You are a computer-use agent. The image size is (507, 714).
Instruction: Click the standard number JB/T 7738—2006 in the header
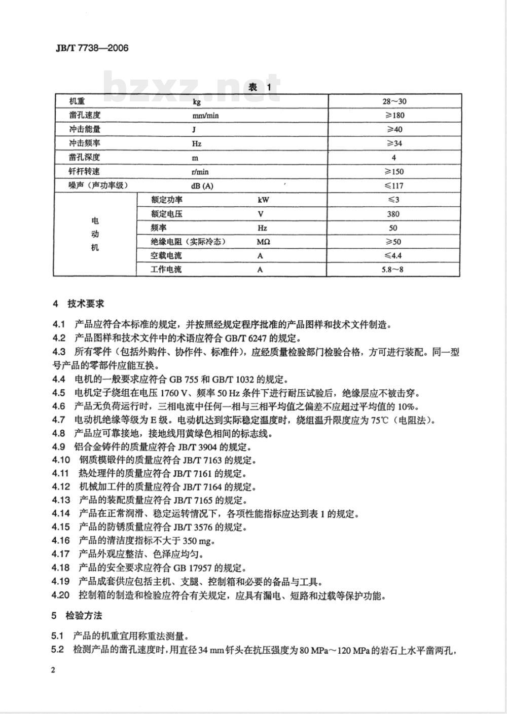pyautogui.click(x=91, y=48)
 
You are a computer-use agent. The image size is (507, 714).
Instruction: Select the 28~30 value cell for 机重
pyautogui.click(x=394, y=101)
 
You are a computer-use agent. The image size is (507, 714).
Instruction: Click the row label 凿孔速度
pyautogui.click(x=85, y=115)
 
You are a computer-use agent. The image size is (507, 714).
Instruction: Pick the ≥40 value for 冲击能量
pyautogui.click(x=394, y=129)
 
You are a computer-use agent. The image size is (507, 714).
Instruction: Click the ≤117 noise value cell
pyautogui.click(x=394, y=185)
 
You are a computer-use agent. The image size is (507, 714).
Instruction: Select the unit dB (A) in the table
pyautogui.click(x=202, y=185)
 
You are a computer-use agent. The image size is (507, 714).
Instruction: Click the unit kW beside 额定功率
pyautogui.click(x=263, y=200)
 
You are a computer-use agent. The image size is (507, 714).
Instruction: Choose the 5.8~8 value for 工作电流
pyautogui.click(x=393, y=270)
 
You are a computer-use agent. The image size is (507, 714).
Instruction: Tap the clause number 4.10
pyautogui.click(x=60, y=461)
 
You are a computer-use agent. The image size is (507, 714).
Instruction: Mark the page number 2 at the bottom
pyautogui.click(x=53, y=670)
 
